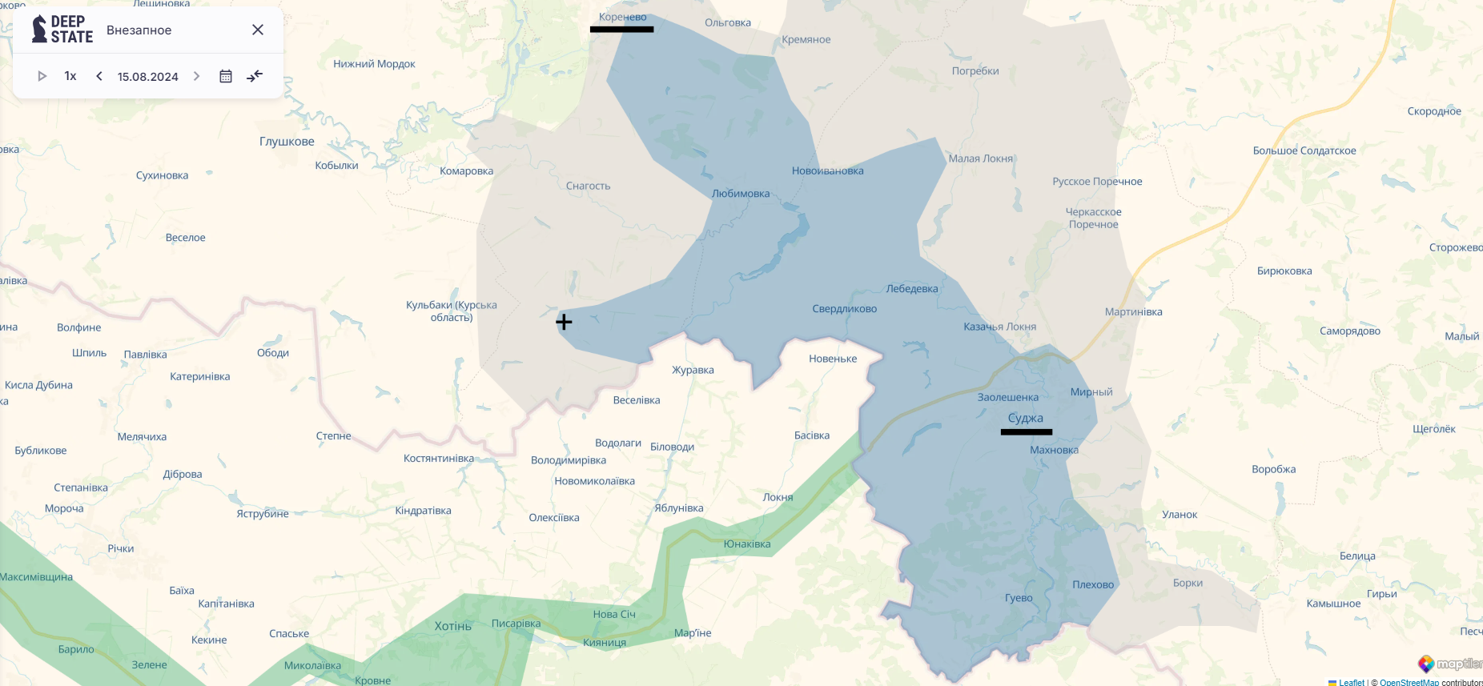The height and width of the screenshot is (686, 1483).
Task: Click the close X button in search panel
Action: pos(258,30)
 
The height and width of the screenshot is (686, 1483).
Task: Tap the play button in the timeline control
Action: pos(42,76)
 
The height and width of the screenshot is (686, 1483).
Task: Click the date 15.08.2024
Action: pos(147,77)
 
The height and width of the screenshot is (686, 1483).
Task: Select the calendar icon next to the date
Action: pos(226,76)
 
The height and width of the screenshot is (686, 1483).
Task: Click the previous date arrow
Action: pos(99,76)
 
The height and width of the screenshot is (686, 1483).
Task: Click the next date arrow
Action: pos(196,76)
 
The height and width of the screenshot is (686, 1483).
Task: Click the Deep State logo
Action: pos(62,30)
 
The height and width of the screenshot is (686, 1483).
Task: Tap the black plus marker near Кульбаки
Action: pos(564,322)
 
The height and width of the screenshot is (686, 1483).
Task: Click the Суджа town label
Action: pos(1025,418)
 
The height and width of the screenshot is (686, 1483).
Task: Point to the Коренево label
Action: pos(622,17)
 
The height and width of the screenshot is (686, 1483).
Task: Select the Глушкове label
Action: pos(287,142)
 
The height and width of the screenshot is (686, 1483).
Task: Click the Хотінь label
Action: pos(452,626)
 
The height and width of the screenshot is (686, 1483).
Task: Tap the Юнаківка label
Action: pos(746,544)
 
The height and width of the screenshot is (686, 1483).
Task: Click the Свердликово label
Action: pos(844,309)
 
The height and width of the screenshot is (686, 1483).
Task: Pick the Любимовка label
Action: pos(740,194)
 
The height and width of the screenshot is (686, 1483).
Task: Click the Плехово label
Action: pos(1093,584)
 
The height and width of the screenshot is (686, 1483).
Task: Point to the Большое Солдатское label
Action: pos(1304,150)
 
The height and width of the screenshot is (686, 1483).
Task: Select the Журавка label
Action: pos(693,370)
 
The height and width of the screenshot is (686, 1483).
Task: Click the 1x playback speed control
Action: pos(70,76)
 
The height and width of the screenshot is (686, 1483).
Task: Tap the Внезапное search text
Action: pos(139,30)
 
